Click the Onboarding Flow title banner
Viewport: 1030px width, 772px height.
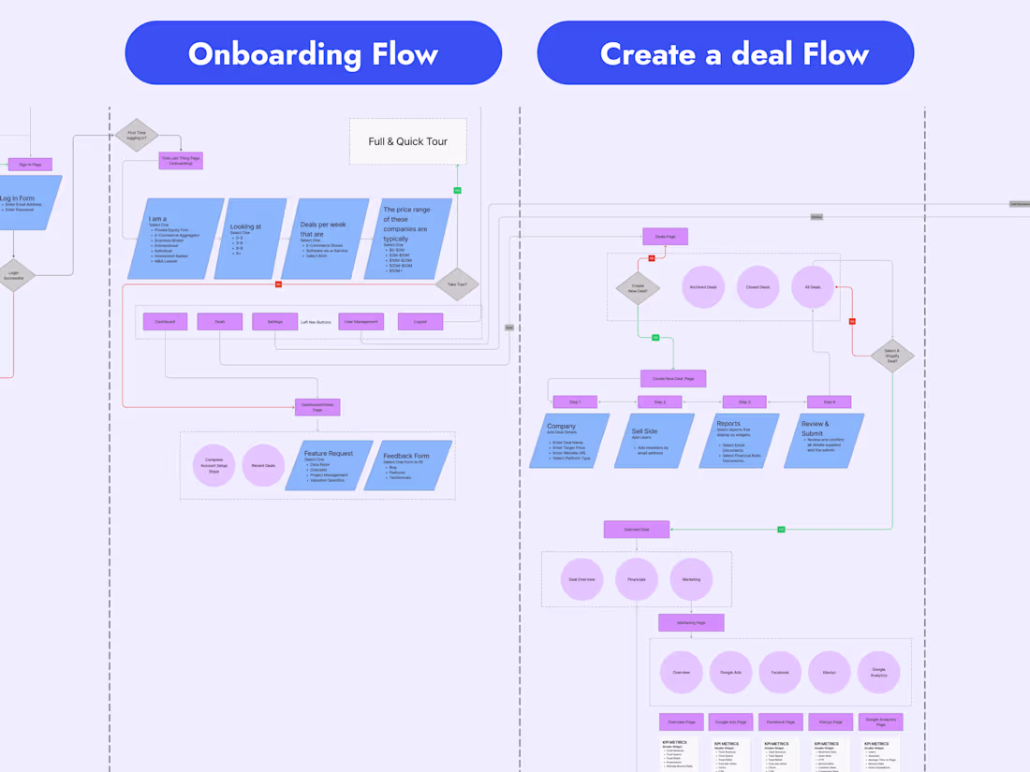click(313, 53)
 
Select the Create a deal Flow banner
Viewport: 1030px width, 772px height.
click(725, 53)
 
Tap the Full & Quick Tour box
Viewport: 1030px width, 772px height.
click(407, 141)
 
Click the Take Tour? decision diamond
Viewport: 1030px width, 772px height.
click(457, 284)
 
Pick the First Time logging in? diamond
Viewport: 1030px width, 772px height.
click(137, 135)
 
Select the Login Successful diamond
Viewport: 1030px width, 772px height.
click(14, 276)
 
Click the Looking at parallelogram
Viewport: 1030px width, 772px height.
click(250, 239)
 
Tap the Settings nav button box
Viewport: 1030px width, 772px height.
click(274, 321)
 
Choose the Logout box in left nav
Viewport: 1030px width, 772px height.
click(420, 321)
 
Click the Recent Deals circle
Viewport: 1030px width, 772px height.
click(263, 465)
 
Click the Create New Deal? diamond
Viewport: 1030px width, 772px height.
click(638, 288)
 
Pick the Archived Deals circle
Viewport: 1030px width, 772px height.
click(703, 287)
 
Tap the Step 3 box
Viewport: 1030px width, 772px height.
click(744, 401)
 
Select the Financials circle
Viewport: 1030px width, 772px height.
click(637, 579)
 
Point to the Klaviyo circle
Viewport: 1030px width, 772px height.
click(829, 672)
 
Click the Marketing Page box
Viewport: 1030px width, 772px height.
click(691, 622)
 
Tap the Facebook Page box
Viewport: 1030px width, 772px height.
click(780, 721)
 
